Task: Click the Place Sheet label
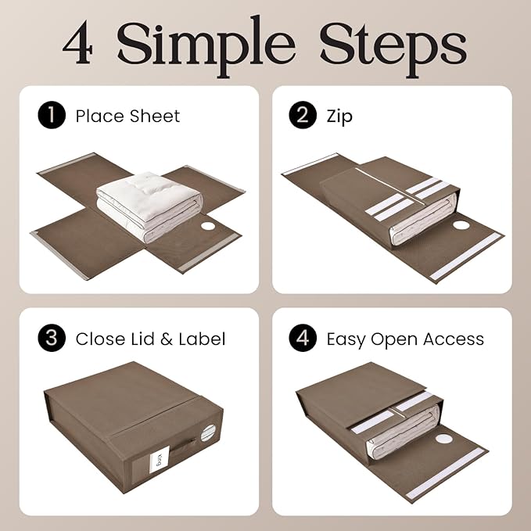127,117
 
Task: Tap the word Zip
339,117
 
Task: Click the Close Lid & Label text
150,339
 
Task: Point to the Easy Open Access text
405,339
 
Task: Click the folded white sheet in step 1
148,205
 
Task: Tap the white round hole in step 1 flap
209,227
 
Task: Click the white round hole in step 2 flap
461,225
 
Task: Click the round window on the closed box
208,432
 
